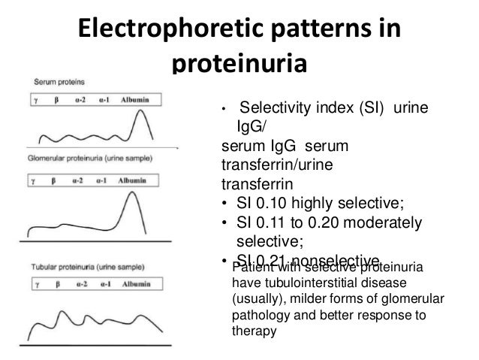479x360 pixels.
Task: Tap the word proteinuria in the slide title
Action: point(239,65)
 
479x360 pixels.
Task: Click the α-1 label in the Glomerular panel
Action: point(106,180)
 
